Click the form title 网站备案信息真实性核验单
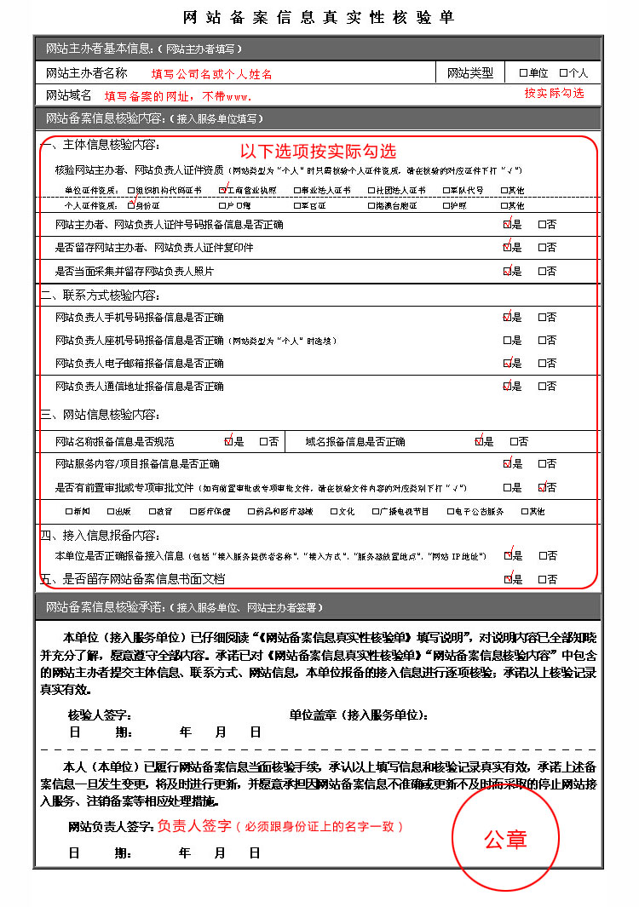[x=319, y=17]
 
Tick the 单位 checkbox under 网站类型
[x=523, y=73]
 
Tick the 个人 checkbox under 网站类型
[x=563, y=73]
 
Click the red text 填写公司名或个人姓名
[x=211, y=74]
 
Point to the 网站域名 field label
[x=68, y=95]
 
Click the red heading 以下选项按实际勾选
[x=318, y=152]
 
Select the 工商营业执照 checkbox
[x=222, y=191]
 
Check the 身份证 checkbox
[x=130, y=205]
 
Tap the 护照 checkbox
[x=446, y=205]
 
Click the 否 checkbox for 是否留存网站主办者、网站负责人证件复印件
[x=541, y=248]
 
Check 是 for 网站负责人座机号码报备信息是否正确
[x=507, y=341]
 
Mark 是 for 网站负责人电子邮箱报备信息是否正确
[x=507, y=364]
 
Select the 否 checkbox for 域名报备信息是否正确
[x=513, y=442]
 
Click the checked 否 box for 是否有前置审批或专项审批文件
[x=542, y=488]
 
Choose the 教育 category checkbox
[x=151, y=512]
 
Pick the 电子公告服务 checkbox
[x=450, y=512]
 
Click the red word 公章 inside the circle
[x=506, y=839]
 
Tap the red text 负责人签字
[x=194, y=826]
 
